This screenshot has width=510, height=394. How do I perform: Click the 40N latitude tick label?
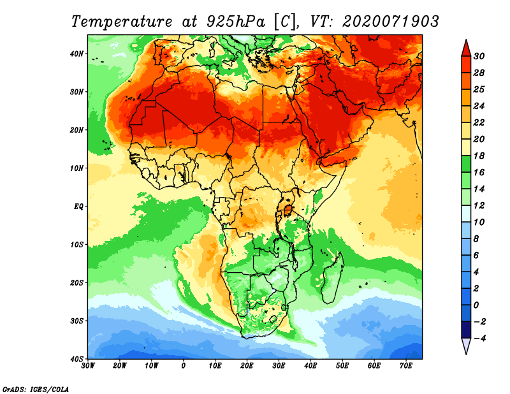click(x=77, y=54)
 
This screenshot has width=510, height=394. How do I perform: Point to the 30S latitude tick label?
click(x=77, y=320)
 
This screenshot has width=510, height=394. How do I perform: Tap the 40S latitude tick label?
click(x=77, y=358)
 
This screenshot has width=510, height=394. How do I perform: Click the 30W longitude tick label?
click(x=88, y=365)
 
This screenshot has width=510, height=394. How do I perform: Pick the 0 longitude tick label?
click(x=184, y=365)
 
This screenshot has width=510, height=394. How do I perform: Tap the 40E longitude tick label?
click(x=310, y=365)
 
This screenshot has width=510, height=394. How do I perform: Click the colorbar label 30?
click(x=479, y=56)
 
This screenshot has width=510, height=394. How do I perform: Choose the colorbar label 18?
click(x=479, y=156)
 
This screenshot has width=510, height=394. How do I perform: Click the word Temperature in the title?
click(x=120, y=21)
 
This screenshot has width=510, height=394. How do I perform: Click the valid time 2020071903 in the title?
click(x=390, y=21)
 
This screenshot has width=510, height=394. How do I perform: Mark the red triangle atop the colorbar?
click(x=466, y=47)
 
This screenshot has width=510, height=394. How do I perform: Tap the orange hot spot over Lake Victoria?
click(x=288, y=209)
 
